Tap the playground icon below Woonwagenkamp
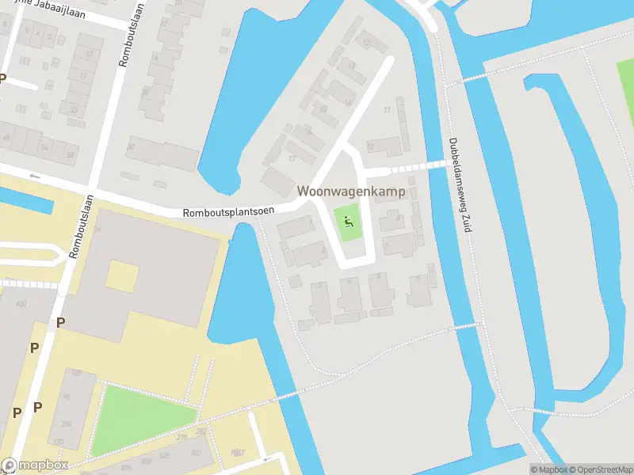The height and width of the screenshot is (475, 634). tap(347, 222)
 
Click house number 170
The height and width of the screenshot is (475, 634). tap(56, 442)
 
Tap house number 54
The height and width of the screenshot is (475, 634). tap(45, 148)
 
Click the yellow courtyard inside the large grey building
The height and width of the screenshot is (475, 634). tap(122, 276)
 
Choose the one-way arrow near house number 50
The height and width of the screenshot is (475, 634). tap(34, 175)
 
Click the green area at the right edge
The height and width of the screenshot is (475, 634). tap(626, 91)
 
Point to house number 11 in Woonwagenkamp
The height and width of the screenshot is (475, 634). tap(387, 110)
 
